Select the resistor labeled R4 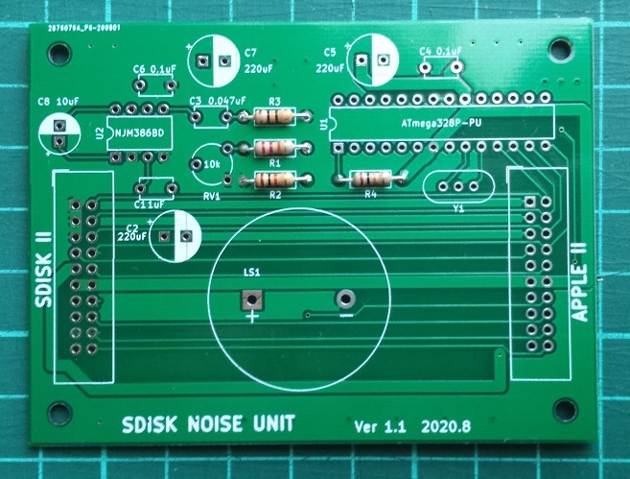369,179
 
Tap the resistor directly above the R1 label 274,148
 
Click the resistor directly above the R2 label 274,180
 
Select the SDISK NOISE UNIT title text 208,423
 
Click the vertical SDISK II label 41,269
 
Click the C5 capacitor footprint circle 374,60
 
